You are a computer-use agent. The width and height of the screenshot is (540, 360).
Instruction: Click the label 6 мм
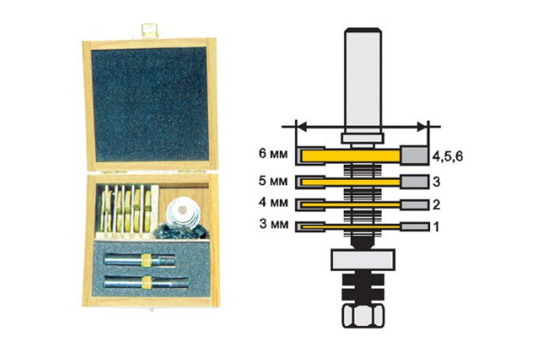[273, 154]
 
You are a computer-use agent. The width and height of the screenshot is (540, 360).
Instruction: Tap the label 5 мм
[273, 181]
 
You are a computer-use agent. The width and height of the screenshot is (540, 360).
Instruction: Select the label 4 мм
[273, 202]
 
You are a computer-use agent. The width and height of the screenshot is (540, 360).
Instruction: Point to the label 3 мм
[273, 224]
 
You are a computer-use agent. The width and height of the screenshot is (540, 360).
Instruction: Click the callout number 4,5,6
[447, 157]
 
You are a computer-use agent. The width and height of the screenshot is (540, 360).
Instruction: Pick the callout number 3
[436, 182]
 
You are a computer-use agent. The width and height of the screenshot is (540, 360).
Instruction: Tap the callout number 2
[436, 205]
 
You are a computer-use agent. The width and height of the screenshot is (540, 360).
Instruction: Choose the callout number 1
[436, 227]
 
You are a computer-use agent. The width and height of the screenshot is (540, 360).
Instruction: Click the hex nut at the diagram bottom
[363, 316]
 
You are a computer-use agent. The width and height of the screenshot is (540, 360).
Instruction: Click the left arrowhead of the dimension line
[301, 127]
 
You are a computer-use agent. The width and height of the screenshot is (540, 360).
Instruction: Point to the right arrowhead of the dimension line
[422, 127]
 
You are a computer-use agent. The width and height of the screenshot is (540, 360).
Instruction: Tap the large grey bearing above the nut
[363, 260]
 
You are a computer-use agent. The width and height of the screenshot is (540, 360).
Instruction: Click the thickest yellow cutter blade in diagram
[351, 156]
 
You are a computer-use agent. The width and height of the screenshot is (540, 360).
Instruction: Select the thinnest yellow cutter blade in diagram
[351, 227]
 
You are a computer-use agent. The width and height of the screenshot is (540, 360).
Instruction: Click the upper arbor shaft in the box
[139, 259]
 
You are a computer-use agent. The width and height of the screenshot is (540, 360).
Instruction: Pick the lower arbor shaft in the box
[146, 282]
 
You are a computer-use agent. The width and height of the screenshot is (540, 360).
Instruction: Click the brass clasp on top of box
[149, 31]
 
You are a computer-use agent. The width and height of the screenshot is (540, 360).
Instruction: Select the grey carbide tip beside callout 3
[414, 182]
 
